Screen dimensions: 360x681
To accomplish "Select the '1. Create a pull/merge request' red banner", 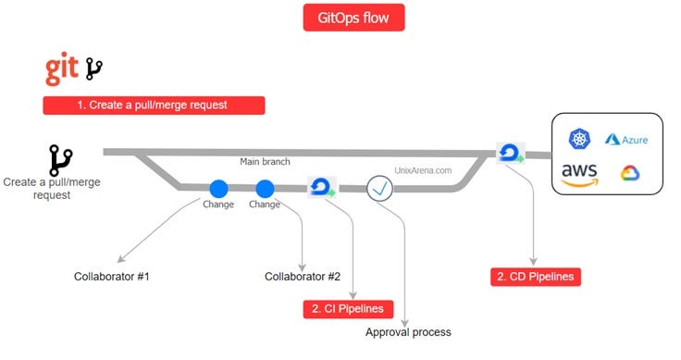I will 154,105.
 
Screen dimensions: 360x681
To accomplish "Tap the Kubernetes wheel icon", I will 580,139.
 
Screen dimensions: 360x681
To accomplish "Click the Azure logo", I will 626,139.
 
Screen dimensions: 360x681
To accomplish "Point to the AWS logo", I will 579,174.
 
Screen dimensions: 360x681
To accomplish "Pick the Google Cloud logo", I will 630,174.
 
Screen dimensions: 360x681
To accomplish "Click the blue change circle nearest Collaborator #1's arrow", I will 219,188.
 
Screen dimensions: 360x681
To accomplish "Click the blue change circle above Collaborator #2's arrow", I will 265,188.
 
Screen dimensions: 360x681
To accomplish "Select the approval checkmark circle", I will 380,187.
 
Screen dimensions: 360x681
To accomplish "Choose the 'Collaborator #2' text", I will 303,277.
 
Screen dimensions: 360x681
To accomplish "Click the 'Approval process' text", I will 408,331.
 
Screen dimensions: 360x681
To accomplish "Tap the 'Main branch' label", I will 265,162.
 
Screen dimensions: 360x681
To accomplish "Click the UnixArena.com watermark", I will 423,170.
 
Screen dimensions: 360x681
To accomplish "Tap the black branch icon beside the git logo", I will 94,68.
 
